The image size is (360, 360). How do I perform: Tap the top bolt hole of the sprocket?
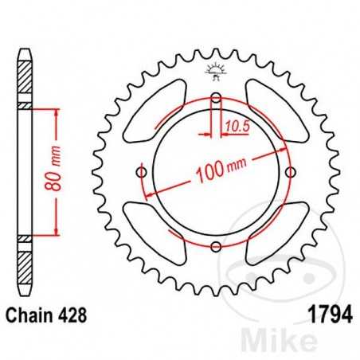216,99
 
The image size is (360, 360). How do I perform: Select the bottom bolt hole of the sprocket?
216,247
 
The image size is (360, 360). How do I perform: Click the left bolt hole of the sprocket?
142,173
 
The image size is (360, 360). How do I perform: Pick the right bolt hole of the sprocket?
290,173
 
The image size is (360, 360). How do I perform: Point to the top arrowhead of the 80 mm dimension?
56,113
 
